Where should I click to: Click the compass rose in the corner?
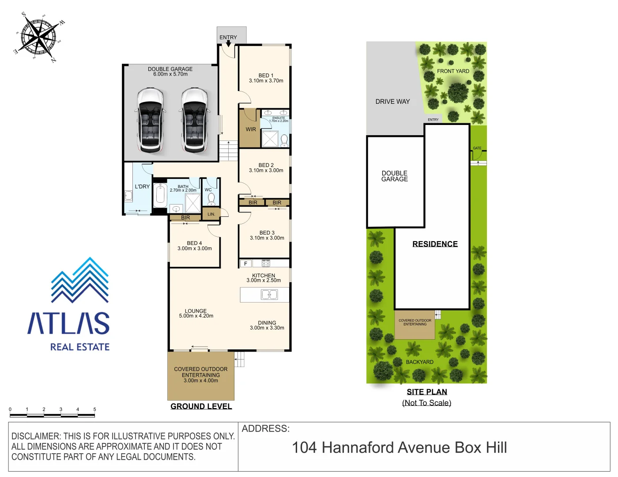(x=39, y=38)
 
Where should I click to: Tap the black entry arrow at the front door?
(x=228, y=43)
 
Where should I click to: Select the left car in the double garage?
(x=151, y=120)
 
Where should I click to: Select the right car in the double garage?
(x=195, y=120)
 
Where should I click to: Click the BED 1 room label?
(x=266, y=76)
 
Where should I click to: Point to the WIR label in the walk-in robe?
(x=251, y=129)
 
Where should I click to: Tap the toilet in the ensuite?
(x=284, y=140)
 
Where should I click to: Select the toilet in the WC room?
(x=211, y=198)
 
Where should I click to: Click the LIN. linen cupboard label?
(x=211, y=214)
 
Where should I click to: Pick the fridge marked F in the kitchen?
(x=246, y=264)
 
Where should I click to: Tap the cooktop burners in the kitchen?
(x=266, y=264)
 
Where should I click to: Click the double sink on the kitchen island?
(x=269, y=295)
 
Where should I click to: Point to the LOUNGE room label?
(x=196, y=311)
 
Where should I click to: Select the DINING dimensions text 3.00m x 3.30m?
(x=267, y=328)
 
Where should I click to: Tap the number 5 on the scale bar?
(x=94, y=409)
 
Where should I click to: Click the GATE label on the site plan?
(x=477, y=148)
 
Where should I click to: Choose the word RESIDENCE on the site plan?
(x=435, y=244)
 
